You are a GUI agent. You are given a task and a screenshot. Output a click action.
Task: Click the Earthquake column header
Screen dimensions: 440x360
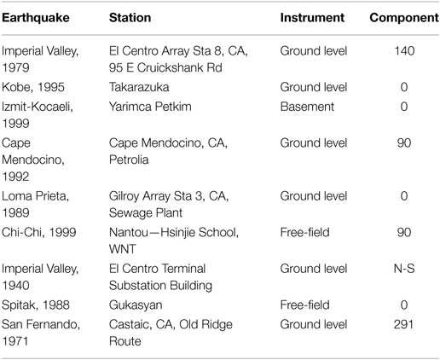36,18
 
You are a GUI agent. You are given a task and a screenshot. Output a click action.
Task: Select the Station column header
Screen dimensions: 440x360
130,18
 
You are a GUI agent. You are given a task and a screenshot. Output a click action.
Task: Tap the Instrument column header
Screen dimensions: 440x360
312,18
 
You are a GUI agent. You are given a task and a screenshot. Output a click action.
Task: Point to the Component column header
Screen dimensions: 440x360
404,18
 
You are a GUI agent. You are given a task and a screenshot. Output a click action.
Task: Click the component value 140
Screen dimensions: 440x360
404,51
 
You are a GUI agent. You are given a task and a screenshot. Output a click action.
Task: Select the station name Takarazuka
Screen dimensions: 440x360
139,87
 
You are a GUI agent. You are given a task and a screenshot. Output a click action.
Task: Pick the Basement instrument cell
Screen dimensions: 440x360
307,107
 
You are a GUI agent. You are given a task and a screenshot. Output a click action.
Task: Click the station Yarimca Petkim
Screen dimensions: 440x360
150,107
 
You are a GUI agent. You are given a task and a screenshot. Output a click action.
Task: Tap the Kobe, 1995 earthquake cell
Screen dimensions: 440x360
33,87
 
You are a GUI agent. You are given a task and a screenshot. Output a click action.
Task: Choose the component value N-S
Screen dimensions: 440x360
404,269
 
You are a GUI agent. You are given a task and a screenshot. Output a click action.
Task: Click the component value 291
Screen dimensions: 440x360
404,324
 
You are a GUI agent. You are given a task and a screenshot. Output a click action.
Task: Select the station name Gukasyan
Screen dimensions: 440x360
136,305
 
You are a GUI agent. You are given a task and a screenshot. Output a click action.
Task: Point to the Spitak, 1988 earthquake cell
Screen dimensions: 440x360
36,305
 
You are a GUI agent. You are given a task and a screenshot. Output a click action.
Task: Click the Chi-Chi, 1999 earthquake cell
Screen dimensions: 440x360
38,232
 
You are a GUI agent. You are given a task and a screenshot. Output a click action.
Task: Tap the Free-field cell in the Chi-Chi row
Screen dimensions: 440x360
304,232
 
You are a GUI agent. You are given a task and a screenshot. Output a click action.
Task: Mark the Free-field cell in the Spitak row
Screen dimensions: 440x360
304,305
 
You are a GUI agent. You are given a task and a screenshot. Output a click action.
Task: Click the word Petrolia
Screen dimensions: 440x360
129,160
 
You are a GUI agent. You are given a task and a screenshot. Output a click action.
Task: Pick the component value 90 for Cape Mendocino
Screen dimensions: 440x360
404,143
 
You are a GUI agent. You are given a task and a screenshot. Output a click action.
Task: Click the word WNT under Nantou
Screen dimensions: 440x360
123,249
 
